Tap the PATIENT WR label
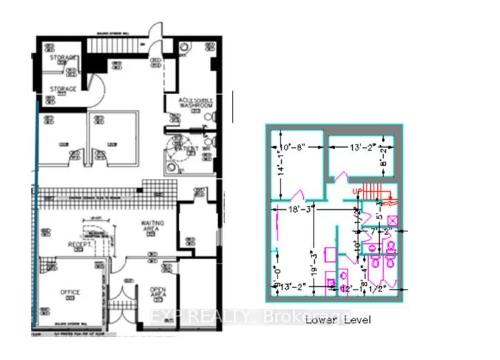(195, 149)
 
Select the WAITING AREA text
(153, 227)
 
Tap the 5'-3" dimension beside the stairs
(378, 208)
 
